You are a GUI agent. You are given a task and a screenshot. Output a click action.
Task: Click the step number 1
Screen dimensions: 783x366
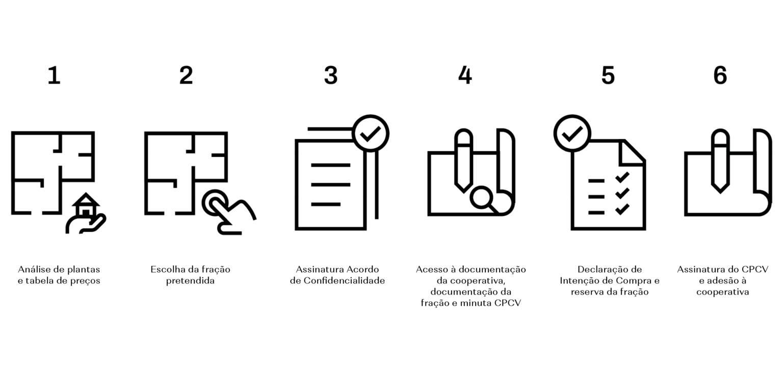(x=54, y=75)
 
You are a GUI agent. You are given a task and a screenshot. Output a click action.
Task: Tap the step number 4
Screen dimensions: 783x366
(x=465, y=75)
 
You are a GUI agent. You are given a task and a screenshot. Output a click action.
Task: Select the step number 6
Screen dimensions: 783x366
(x=720, y=75)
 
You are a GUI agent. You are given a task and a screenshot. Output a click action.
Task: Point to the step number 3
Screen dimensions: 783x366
(x=331, y=75)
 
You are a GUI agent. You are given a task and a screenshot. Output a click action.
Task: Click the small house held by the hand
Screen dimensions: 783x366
(x=86, y=205)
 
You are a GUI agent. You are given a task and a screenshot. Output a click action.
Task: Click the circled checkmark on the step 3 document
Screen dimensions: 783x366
(x=371, y=133)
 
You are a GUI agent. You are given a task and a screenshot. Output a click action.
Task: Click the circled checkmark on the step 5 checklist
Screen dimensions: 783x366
(x=572, y=133)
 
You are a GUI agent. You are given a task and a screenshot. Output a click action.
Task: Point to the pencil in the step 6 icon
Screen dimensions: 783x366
(x=720, y=161)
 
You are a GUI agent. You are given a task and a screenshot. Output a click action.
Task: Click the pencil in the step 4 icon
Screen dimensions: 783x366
(x=463, y=161)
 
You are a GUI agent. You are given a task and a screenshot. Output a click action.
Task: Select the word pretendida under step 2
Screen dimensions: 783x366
(x=190, y=281)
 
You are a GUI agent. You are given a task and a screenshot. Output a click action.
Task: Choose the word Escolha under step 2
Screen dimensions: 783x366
(x=167, y=269)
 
